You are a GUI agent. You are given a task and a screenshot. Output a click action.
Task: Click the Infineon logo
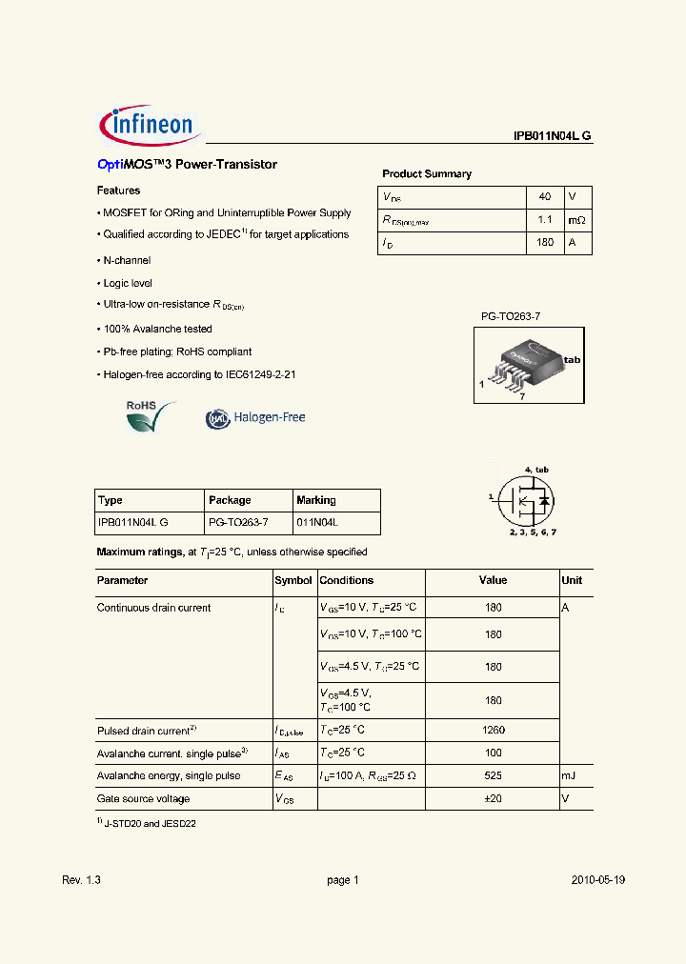point(148,125)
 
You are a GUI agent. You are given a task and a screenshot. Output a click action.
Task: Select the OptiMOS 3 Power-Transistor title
point(187,165)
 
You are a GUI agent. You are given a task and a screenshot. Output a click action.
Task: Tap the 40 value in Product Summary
point(545,196)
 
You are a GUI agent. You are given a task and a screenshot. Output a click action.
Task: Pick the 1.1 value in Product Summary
point(545,220)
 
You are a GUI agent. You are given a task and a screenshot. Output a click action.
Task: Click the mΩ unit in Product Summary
point(577,220)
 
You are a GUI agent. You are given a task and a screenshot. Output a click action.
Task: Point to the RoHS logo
point(151,415)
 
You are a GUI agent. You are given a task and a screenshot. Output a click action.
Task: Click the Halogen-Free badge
point(255,417)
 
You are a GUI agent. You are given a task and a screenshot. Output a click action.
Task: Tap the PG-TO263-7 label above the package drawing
point(510,314)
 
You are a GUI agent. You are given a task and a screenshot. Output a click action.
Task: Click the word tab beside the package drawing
point(572,360)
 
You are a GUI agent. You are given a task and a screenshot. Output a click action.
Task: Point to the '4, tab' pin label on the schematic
point(536,470)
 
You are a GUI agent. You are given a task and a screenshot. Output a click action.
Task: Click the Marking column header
point(316,500)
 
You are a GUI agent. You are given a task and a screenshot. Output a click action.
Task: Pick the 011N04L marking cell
point(317,523)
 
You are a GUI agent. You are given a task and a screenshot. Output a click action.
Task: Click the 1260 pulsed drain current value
point(493,730)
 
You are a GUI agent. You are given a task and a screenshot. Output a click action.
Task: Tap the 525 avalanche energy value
point(493,775)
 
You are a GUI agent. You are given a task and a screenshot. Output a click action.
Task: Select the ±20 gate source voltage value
point(493,798)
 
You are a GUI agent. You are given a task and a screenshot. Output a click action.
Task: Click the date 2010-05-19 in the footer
point(597,880)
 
